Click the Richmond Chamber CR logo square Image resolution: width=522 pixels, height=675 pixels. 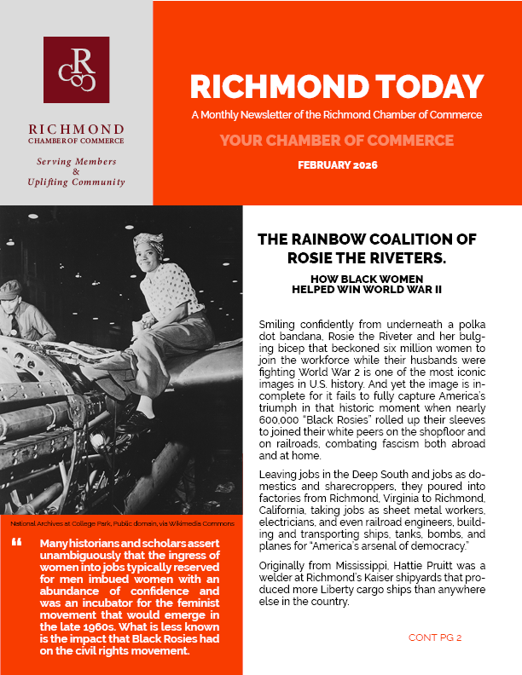tap(76, 70)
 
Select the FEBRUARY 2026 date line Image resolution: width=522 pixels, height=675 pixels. tap(337, 164)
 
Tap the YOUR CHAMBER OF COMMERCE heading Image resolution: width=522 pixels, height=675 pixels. tap(337, 140)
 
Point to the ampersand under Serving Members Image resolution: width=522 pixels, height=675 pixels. tap(76, 171)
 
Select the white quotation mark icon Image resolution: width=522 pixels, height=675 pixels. tap(17, 543)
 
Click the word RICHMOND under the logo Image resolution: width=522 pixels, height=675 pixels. tap(76, 129)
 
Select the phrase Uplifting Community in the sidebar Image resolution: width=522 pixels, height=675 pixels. tap(76, 182)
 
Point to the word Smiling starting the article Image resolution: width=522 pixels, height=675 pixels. tap(277, 325)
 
